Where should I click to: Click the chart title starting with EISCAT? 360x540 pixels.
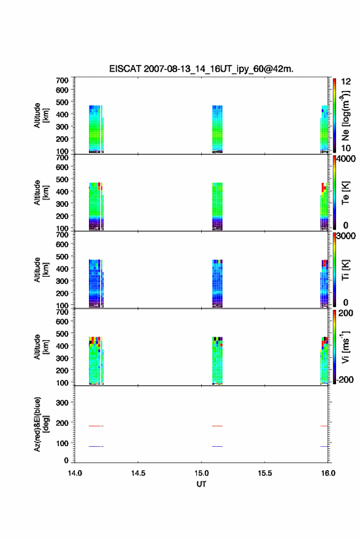click(x=201, y=69)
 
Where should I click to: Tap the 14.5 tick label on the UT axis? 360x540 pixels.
click(x=138, y=473)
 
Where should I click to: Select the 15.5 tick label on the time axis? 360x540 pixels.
click(x=265, y=473)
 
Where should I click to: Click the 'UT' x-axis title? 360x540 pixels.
click(x=201, y=484)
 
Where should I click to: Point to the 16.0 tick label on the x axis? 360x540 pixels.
click(x=328, y=473)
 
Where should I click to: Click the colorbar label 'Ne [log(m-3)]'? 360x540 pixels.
click(x=345, y=115)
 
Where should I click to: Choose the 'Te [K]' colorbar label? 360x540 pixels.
click(x=345, y=193)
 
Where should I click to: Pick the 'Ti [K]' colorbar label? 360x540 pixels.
click(x=345, y=270)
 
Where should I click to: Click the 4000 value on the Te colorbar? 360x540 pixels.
click(x=346, y=159)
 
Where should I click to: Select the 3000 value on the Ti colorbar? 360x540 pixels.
click(x=346, y=236)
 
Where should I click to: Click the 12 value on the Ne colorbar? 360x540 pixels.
click(x=346, y=82)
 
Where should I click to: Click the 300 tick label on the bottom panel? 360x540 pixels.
click(x=62, y=403)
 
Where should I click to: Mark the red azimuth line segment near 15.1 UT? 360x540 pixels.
click(x=218, y=426)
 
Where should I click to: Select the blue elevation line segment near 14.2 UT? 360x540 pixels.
click(x=96, y=446)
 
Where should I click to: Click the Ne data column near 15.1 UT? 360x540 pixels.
click(x=218, y=129)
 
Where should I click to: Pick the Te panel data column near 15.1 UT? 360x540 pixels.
click(x=218, y=206)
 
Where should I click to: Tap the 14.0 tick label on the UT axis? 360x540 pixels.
click(x=75, y=473)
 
